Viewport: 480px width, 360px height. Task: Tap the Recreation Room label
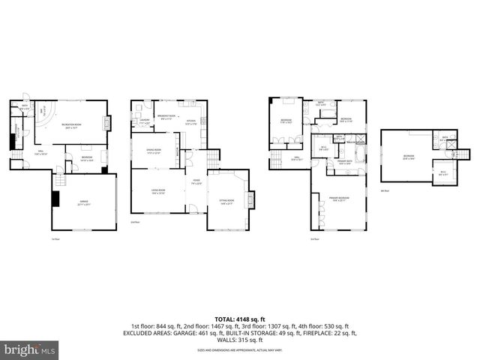click(x=72, y=127)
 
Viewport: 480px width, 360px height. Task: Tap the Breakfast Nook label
click(x=166, y=116)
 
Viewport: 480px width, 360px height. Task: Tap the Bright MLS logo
click(x=30, y=349)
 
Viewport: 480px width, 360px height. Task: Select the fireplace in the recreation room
click(x=109, y=123)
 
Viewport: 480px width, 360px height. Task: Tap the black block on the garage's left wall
click(x=55, y=198)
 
